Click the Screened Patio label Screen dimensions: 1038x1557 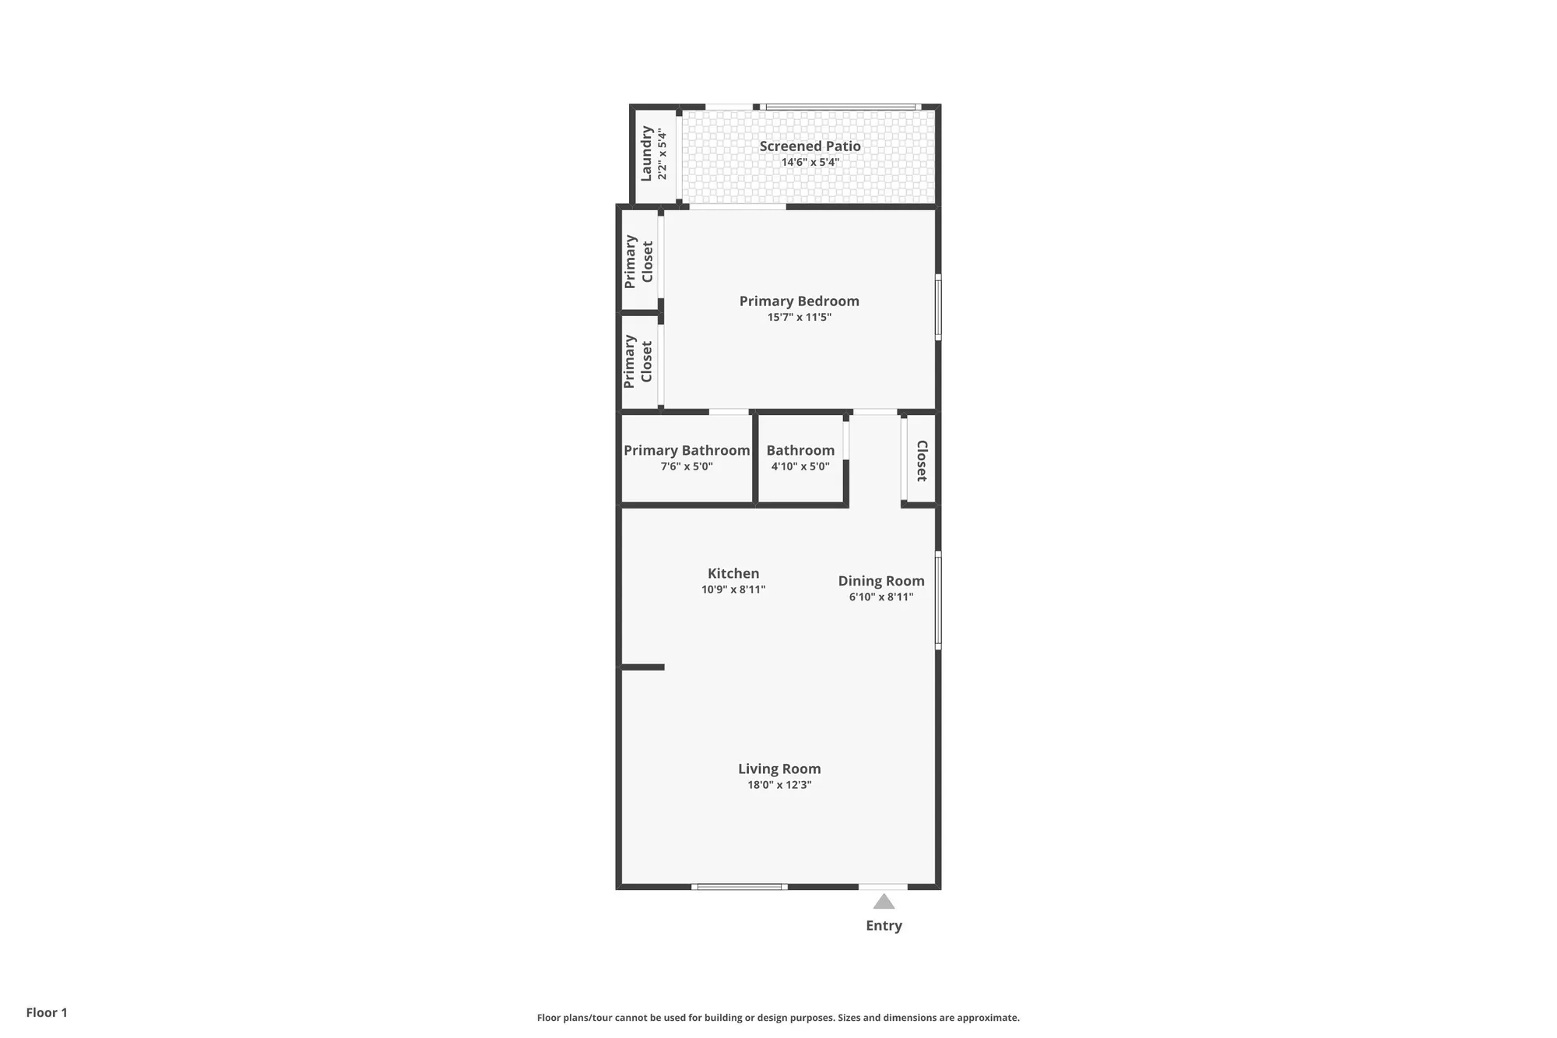(810, 146)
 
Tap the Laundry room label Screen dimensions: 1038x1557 (646, 153)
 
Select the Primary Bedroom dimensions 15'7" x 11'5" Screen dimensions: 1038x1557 (799, 318)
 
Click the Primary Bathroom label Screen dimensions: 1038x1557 (686, 450)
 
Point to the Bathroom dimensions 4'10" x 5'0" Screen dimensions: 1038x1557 (800, 466)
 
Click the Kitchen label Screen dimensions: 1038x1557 (733, 573)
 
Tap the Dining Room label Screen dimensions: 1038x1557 (880, 581)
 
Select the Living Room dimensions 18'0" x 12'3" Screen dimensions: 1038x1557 (779, 785)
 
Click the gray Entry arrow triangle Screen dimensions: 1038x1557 (883, 902)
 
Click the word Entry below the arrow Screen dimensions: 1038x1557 (884, 926)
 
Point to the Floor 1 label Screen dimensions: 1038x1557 (47, 1012)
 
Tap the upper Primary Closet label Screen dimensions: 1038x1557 (638, 261)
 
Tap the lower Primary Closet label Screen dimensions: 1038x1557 (638, 361)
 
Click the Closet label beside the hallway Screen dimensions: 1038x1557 (921, 460)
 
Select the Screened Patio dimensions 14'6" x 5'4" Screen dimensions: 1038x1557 (810, 163)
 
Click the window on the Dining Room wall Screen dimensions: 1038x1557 (938, 600)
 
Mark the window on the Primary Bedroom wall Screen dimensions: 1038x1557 (938, 307)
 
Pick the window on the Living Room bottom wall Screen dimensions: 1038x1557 (739, 886)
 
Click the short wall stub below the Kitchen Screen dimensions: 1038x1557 (643, 667)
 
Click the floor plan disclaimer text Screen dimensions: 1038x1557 (778, 1017)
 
